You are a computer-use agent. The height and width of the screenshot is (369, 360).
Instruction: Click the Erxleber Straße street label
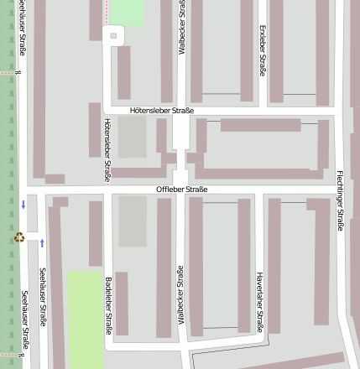[263, 50]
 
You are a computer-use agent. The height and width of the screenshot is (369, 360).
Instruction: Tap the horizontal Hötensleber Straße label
[162, 111]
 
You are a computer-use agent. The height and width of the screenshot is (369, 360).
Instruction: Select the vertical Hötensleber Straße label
[107, 150]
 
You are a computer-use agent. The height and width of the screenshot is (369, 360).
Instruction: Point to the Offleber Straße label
[181, 190]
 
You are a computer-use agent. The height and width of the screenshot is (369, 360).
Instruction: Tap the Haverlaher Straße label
[259, 302]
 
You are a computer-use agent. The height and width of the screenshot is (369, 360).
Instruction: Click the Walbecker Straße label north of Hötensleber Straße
[182, 29]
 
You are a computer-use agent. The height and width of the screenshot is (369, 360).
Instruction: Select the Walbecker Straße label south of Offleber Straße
[180, 295]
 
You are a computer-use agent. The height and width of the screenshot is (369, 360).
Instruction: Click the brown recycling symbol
[19, 237]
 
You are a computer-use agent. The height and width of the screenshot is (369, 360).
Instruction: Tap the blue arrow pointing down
[23, 204]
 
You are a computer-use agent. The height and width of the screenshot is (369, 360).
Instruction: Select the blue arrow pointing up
[41, 243]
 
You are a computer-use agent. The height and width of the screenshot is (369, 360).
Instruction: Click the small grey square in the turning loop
[113, 35]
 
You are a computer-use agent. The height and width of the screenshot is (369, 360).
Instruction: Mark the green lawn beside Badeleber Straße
[85, 319]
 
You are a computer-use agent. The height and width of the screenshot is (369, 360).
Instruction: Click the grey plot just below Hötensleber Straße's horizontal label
[132, 137]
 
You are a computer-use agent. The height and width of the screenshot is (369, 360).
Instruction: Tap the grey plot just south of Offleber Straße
[132, 221]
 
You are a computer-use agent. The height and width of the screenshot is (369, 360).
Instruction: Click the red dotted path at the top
[107, 11]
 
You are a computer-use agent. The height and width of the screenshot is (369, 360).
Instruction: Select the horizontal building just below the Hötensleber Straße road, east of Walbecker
[260, 125]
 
